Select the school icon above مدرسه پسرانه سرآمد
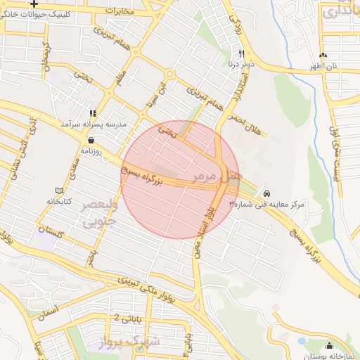(x=92, y=113)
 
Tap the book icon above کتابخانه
(x=59, y=191)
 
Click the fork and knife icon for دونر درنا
(x=241, y=53)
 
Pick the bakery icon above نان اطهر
(x=323, y=56)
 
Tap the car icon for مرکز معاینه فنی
(x=266, y=193)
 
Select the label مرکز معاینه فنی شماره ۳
(x=266, y=205)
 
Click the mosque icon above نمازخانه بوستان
(x=330, y=345)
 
